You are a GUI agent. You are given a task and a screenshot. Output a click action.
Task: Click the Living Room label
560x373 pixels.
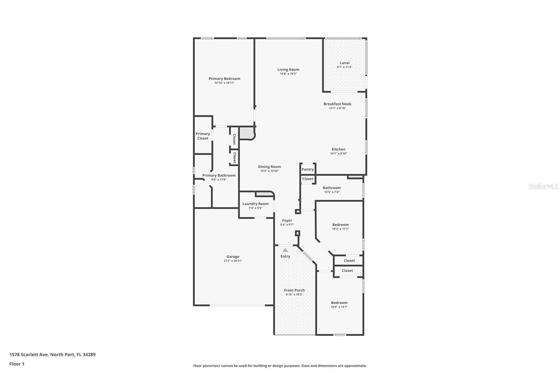[288, 70]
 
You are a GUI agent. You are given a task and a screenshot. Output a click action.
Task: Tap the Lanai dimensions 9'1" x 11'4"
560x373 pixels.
[344, 67]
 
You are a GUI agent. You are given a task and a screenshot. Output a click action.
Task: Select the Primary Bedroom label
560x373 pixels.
[224, 79]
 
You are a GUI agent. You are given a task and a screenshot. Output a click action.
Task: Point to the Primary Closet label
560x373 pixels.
[203, 136]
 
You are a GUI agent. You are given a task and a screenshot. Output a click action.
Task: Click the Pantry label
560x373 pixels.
[308, 169]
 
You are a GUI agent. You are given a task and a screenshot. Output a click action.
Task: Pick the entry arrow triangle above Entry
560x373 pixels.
[285, 250]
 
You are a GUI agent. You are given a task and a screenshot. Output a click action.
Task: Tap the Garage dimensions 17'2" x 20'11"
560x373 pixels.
[233, 261]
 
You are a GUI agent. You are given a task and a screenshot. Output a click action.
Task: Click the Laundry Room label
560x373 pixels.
[255, 204]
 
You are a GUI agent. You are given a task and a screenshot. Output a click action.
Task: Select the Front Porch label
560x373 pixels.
[294, 290]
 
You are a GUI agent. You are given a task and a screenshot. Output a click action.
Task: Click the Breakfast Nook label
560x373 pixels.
[337, 104]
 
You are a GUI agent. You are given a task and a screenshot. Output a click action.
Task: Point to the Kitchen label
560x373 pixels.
[338, 149]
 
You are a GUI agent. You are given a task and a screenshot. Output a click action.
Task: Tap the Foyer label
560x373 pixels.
[287, 220]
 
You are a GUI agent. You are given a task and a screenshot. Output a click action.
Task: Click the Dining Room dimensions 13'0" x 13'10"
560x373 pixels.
[269, 171]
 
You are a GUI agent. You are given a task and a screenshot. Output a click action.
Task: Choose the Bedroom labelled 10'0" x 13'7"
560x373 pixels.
[339, 303]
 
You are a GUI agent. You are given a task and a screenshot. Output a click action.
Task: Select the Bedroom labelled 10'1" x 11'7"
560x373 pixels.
[340, 225]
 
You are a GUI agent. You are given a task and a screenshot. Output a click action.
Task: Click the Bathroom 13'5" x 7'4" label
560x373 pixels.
[331, 188]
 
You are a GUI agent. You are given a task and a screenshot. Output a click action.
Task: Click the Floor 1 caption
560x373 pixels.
[17, 364]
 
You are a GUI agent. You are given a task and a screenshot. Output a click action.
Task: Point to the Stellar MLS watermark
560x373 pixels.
[543, 187]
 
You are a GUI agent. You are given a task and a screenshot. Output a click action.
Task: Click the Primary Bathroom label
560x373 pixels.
[219, 175]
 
